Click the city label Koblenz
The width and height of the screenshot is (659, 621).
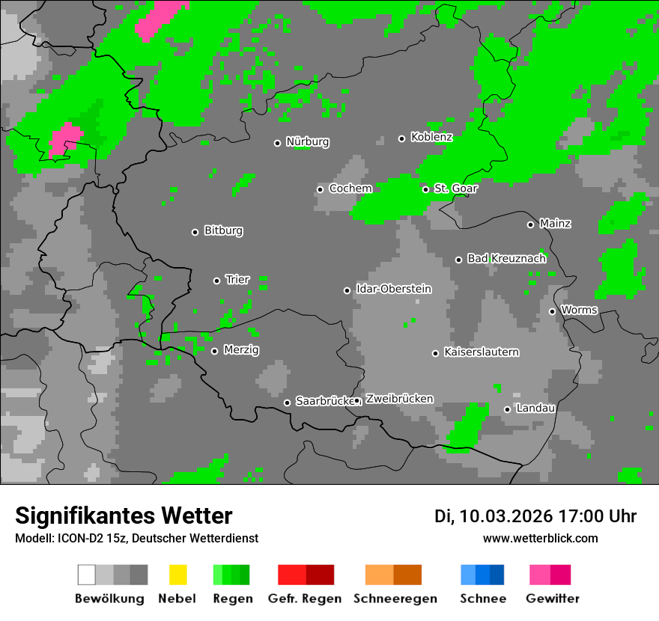431,137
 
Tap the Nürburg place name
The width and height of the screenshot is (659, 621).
307,141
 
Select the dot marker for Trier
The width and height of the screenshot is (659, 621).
217,281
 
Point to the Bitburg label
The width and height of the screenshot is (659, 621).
223,230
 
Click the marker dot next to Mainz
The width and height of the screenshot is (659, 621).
531,224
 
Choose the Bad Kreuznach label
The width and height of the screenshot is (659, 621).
506,258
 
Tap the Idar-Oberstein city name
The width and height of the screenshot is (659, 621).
393,289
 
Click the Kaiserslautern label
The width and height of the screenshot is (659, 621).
481,352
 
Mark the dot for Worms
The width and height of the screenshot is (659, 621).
553,311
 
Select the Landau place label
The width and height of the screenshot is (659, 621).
535,408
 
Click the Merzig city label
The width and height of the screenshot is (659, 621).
241,349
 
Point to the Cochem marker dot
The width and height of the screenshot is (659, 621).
321,189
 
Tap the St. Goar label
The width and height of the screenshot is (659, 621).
455,188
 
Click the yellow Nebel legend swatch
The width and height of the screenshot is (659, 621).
177,575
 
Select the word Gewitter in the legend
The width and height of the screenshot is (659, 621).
553,599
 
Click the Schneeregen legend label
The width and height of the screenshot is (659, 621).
395,599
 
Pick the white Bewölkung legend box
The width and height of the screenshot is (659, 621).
87,575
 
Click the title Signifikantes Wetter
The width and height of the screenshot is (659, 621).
124,516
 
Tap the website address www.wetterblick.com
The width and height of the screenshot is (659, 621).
540,538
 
